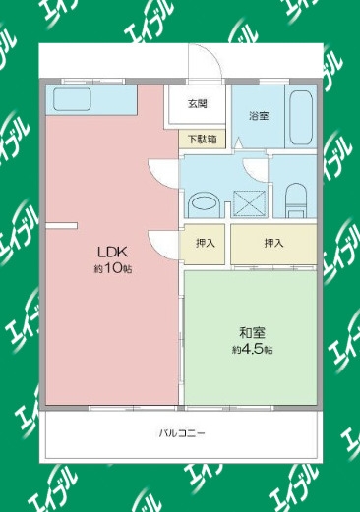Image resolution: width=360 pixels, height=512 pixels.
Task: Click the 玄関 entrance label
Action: pos(197,104)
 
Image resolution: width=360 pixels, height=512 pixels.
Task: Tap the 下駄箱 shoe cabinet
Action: pos(202,139)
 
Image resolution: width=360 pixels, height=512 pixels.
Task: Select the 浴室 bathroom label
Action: pos(259,116)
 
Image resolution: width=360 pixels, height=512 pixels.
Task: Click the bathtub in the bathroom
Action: pos(301,118)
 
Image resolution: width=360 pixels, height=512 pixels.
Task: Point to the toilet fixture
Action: pos(296,200)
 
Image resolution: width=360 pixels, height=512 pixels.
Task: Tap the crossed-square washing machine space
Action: pos(249,203)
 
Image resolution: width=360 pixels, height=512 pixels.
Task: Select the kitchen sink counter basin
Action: pos(72,99)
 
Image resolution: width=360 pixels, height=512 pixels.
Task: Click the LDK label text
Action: pos(112,253)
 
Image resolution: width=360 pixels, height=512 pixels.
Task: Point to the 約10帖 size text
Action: pos(113,269)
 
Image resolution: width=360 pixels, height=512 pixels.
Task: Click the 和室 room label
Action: pos(252,333)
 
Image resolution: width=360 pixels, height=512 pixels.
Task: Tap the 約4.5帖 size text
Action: pos(253,350)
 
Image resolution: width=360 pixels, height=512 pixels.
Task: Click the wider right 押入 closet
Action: pos(273,244)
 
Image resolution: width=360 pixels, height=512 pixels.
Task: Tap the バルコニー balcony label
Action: pos(182,433)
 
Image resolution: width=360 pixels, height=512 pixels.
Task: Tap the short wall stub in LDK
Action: pos(61,225)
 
